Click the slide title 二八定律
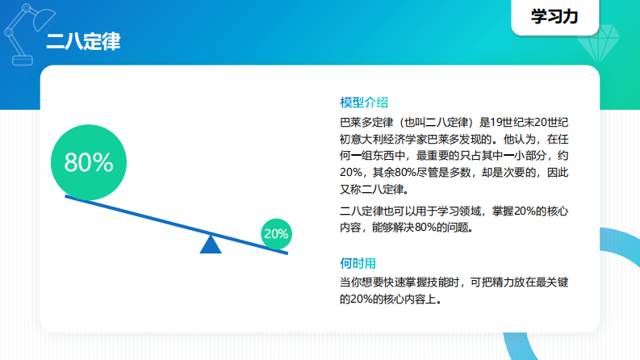click(83, 42)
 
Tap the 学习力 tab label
click(554, 17)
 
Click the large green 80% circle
click(88, 162)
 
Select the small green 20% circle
click(276, 234)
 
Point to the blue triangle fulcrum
click(211, 245)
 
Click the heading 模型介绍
click(364, 103)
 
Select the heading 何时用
click(358, 263)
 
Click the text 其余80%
click(395, 174)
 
